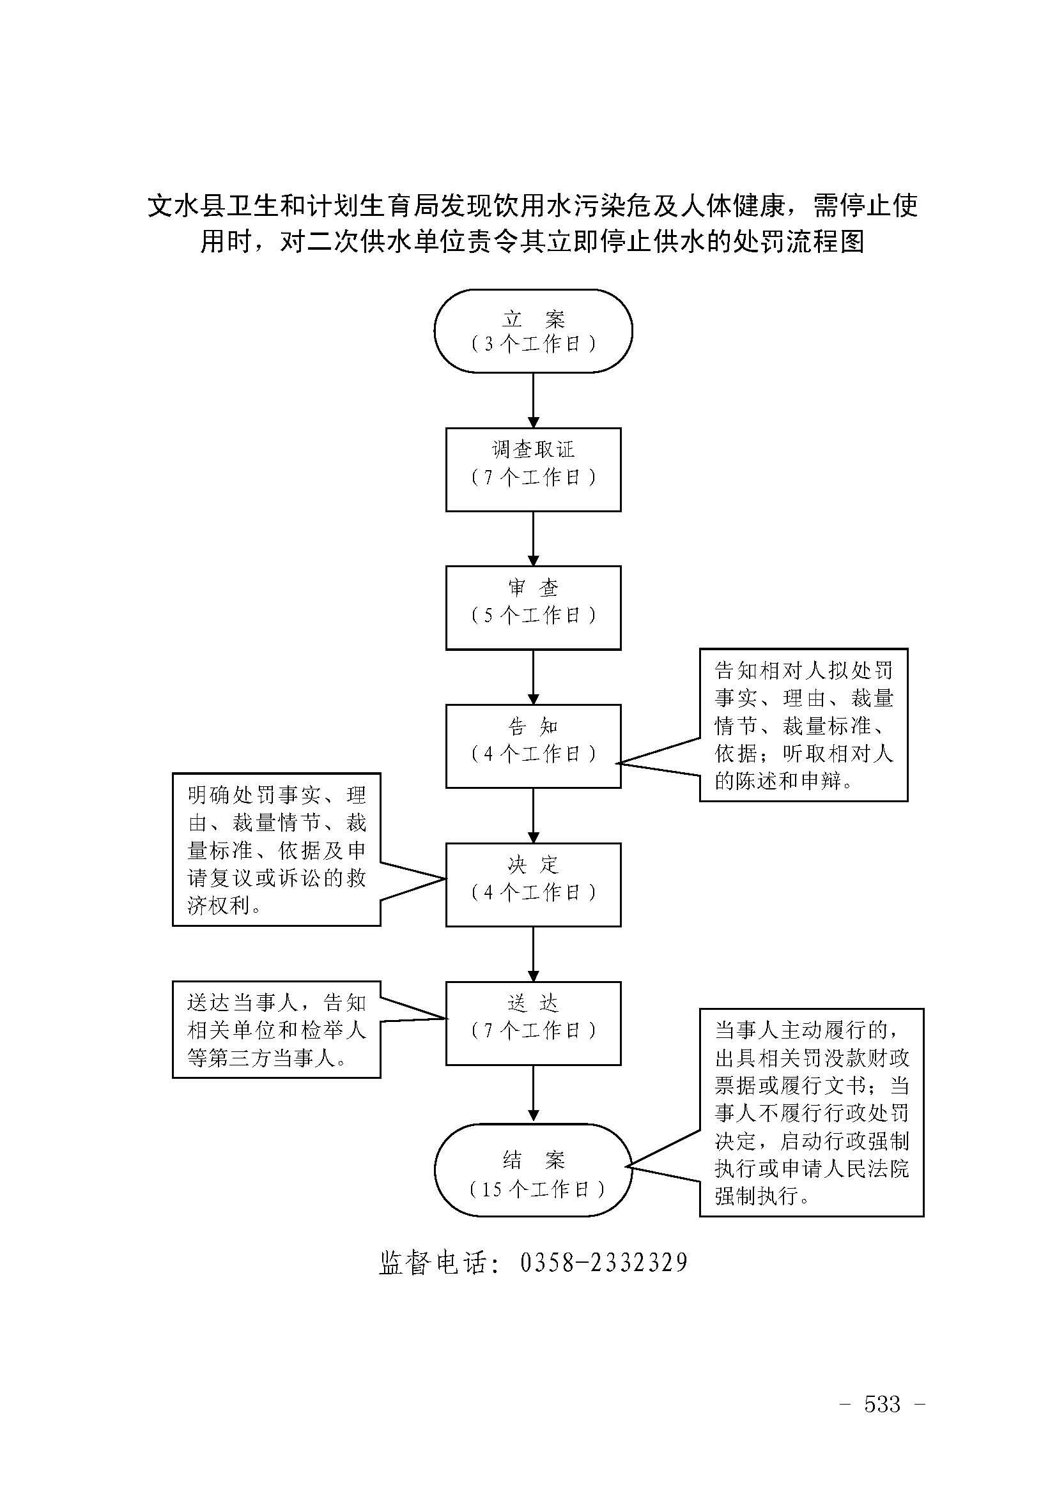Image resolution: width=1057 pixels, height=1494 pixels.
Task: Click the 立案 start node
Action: tap(533, 331)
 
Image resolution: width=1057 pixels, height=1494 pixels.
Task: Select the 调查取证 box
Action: tap(533, 469)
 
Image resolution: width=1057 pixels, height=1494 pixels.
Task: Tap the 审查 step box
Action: tap(533, 607)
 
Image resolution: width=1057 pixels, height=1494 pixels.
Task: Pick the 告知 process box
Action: tap(533, 745)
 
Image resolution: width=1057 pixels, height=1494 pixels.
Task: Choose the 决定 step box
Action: tap(533, 884)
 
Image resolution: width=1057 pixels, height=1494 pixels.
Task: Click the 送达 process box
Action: tap(533, 1023)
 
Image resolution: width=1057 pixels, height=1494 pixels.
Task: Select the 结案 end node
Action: tap(533, 1170)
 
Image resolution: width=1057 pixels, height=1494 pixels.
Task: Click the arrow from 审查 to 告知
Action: tap(533, 676)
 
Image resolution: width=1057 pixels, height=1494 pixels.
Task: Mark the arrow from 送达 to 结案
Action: tap(533, 1093)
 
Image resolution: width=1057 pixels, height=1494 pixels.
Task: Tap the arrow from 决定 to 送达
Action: tap(533, 954)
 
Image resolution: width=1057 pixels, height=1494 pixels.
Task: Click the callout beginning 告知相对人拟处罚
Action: tap(803, 725)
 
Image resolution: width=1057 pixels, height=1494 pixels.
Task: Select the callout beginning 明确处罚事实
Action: tap(276, 849)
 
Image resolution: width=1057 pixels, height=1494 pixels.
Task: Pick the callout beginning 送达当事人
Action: tap(276, 1030)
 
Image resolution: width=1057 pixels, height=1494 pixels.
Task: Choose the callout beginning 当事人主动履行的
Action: tap(811, 1112)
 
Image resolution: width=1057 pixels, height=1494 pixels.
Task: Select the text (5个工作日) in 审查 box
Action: tap(533, 616)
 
